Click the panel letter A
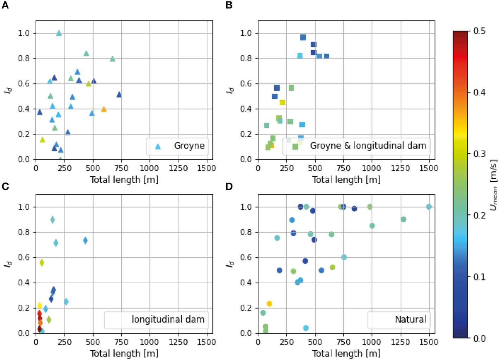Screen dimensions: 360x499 tap(5, 5)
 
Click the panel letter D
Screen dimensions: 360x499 tap(229, 186)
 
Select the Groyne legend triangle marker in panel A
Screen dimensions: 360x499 tap(158, 146)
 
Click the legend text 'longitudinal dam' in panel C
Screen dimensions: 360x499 tap(168, 320)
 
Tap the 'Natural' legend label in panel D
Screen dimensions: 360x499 tap(410, 320)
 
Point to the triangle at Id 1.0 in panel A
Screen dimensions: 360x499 tap(59, 33)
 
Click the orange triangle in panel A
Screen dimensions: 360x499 tap(104, 109)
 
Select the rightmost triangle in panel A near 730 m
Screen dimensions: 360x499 tap(119, 95)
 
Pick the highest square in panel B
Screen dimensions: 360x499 tap(303, 37)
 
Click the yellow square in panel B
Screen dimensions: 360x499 tap(282, 102)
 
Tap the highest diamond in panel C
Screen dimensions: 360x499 tap(52, 220)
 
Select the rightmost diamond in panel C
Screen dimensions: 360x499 tap(85, 240)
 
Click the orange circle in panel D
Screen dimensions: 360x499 tap(269, 304)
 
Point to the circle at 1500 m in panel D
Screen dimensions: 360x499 tap(429, 207)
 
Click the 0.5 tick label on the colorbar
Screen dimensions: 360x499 tap(479, 31)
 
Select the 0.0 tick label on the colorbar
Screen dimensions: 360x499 tap(479, 339)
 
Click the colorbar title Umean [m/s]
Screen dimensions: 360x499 tap(493, 185)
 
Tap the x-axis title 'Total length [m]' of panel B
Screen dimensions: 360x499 tap(346, 180)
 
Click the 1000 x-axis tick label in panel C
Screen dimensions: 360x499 tap(149, 342)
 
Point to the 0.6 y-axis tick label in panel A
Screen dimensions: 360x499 tap(24, 84)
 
